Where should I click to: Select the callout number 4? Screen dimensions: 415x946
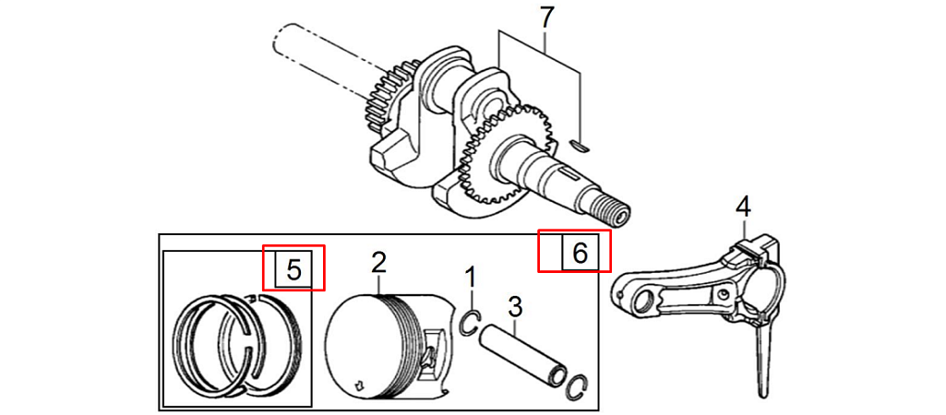point(743,207)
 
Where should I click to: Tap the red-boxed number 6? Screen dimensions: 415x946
point(580,253)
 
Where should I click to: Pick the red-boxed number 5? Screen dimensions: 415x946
point(293,269)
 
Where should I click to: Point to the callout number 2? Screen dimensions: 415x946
point(377,263)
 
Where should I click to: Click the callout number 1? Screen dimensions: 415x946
point(471,276)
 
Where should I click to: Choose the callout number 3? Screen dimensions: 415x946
point(515,305)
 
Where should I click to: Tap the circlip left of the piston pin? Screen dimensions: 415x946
point(470,323)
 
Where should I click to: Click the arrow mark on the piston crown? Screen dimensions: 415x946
point(360,379)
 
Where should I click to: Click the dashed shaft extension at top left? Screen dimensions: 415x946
point(318,51)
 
